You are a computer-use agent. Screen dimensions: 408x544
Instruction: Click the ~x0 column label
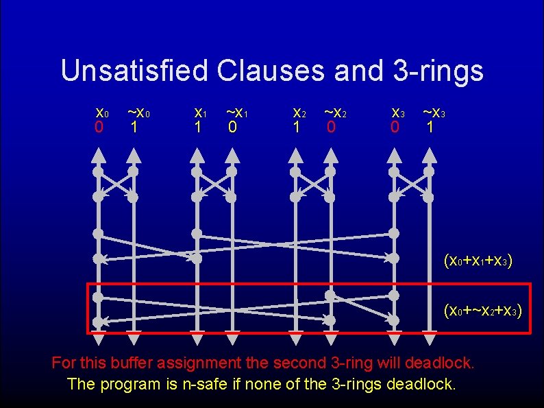pyautogui.click(x=138, y=112)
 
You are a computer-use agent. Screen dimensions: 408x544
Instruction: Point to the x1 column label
pyautogui.click(x=200, y=112)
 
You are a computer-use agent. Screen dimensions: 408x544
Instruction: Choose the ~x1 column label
pyautogui.click(x=236, y=112)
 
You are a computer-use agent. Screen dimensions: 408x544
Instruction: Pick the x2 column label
pyautogui.click(x=299, y=112)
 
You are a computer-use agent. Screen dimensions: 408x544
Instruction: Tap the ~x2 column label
pyautogui.click(x=335, y=112)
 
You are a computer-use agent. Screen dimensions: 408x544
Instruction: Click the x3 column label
pyautogui.click(x=397, y=112)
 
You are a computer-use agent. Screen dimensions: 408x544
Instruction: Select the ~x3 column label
pyautogui.click(x=434, y=112)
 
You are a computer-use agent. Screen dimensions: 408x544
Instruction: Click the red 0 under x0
pyautogui.click(x=99, y=128)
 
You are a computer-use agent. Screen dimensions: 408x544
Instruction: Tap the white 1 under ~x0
pyautogui.click(x=134, y=128)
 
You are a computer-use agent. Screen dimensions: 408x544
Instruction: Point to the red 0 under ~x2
pyautogui.click(x=331, y=128)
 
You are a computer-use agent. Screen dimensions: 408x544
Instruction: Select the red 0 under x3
pyautogui.click(x=395, y=128)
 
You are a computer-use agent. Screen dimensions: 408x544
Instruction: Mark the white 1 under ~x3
pyautogui.click(x=430, y=128)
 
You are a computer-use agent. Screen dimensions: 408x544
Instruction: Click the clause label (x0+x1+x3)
pyautogui.click(x=478, y=261)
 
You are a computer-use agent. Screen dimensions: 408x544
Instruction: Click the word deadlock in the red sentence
pyautogui.click(x=439, y=361)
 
